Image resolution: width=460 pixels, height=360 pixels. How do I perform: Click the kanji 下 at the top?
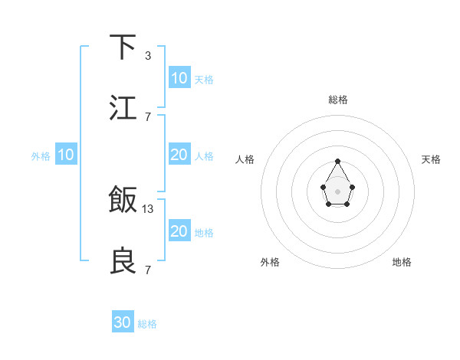click(123, 47)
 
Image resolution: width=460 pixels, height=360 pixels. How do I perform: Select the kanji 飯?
click(123, 200)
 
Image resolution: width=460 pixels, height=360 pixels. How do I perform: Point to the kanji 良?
click(123, 260)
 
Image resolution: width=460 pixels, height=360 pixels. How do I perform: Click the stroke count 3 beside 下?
click(147, 56)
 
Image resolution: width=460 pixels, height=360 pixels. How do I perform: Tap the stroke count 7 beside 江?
click(147, 116)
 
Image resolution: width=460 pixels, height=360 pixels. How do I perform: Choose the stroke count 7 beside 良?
click(147, 270)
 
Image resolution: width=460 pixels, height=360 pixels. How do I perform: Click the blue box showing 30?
click(123, 322)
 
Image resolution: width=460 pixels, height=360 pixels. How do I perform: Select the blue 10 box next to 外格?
click(65, 155)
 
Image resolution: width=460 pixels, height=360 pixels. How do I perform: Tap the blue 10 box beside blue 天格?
click(179, 78)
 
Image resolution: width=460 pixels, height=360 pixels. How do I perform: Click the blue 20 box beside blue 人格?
click(179, 155)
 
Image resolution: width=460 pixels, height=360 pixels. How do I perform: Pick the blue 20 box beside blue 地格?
click(179, 231)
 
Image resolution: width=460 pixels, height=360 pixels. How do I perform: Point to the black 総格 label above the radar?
click(337, 100)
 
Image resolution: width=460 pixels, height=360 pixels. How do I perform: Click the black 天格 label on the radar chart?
click(431, 159)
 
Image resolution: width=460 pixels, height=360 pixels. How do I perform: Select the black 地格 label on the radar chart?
click(402, 262)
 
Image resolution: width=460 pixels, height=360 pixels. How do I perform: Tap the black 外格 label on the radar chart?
click(270, 262)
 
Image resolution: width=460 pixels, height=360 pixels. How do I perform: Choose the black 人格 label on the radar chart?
click(245, 159)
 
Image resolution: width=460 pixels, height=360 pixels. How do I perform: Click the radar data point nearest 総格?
click(337, 161)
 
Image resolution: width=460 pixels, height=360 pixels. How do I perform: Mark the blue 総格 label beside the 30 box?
click(147, 324)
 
